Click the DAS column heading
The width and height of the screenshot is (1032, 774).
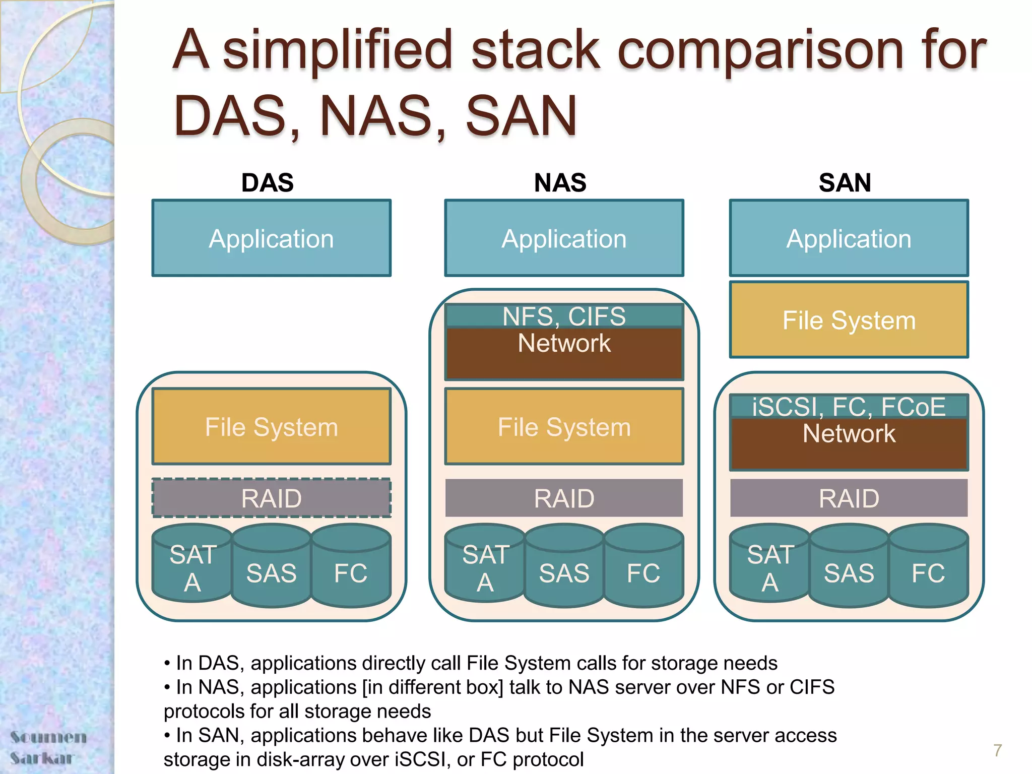click(267, 182)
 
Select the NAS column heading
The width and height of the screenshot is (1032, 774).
click(560, 182)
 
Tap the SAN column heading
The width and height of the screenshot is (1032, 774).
click(845, 182)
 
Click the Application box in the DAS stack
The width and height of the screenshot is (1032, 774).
click(271, 238)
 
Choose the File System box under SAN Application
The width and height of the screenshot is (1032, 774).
click(849, 320)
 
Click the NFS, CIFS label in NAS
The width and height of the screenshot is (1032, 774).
click(564, 316)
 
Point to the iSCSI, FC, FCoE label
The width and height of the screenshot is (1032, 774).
click(849, 406)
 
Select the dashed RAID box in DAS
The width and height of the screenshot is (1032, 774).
click(271, 498)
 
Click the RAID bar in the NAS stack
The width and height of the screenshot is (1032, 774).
click(564, 498)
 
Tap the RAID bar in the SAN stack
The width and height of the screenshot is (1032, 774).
click(849, 498)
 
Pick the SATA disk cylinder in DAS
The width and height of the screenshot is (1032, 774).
click(192, 567)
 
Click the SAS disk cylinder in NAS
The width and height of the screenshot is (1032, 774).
click(564, 572)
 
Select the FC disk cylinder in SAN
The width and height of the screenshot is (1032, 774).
click(928, 572)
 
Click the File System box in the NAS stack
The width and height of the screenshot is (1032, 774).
click(564, 427)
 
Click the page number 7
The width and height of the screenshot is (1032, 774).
click(997, 750)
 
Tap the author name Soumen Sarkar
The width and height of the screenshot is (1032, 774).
click(48, 747)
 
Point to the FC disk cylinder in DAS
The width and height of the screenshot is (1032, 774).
click(351, 572)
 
